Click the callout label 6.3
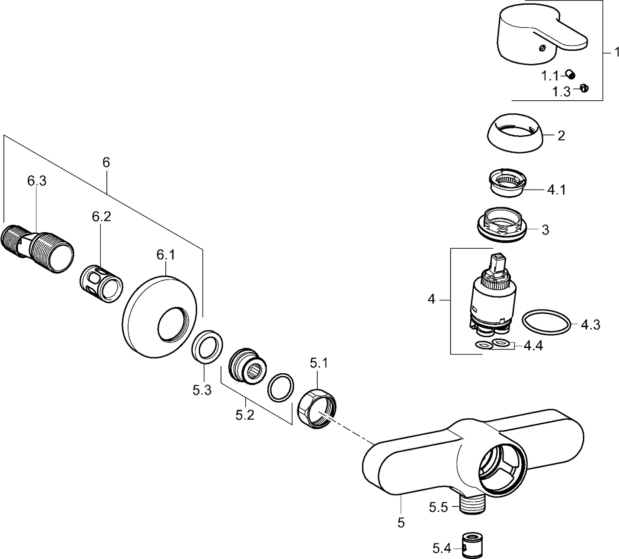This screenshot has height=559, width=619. (37, 181)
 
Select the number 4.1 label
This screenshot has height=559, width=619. (556, 190)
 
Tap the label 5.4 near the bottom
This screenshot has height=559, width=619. (441, 549)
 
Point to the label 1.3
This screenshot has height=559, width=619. (561, 92)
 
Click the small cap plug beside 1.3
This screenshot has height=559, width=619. (584, 88)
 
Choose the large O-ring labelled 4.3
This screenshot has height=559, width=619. (546, 323)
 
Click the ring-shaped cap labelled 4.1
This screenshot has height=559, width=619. (507, 182)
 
